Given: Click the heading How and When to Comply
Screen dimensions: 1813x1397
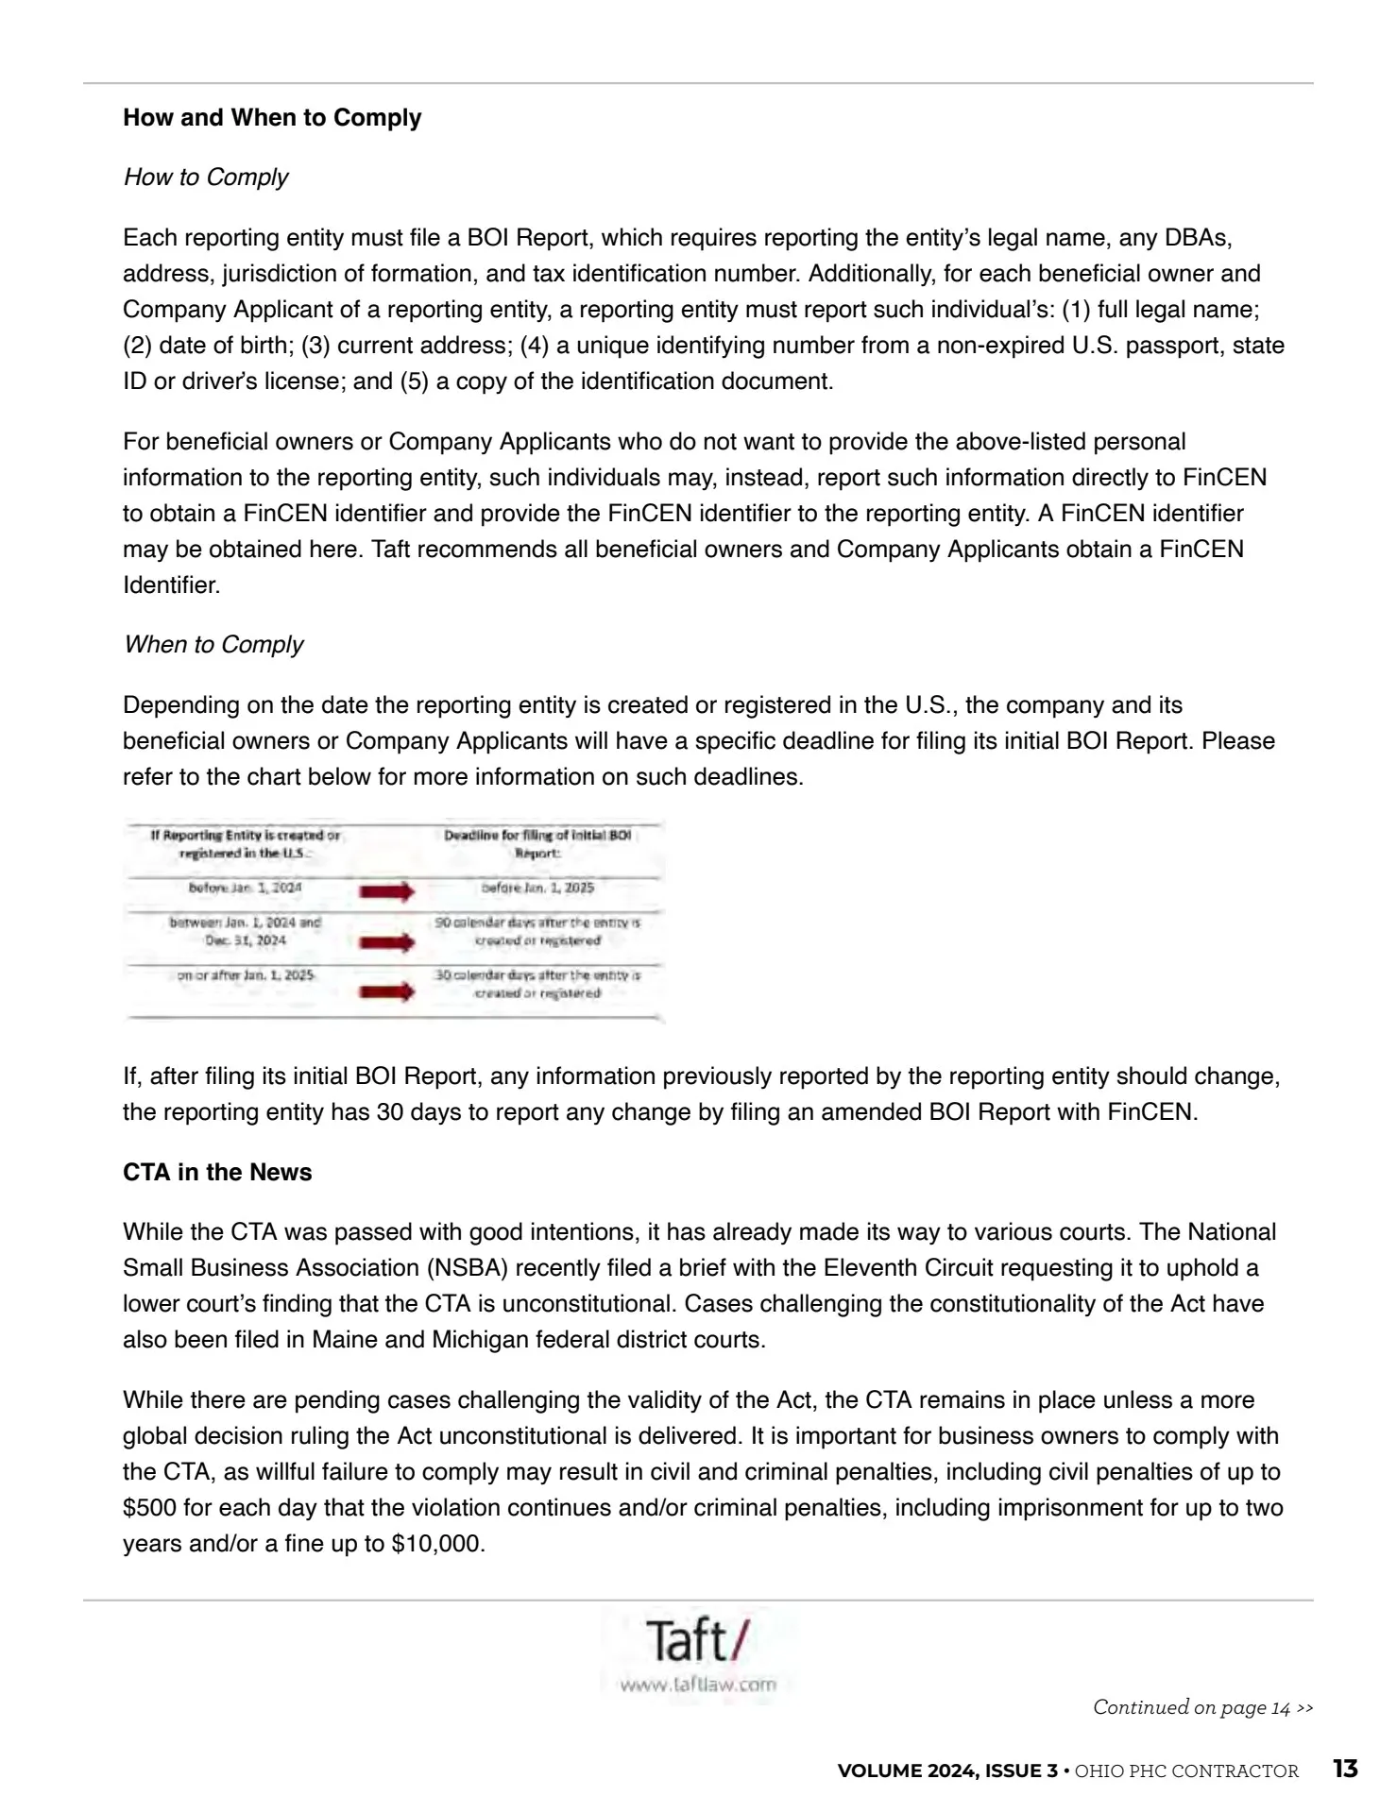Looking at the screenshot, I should pyautogui.click(x=272, y=118).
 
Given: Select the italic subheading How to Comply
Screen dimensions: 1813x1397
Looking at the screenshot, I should pyautogui.click(x=205, y=178).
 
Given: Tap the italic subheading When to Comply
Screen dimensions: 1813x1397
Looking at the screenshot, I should pyautogui.click(x=213, y=645).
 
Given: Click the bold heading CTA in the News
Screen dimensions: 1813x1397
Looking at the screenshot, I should pyautogui.click(x=217, y=1173).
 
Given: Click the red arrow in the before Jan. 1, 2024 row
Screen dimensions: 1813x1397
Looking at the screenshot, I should pyautogui.click(x=386, y=890).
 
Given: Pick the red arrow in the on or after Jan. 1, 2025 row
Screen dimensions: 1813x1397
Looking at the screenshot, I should pyautogui.click(x=386, y=991).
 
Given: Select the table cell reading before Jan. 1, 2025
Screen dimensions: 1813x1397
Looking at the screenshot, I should pyautogui.click(x=537, y=888).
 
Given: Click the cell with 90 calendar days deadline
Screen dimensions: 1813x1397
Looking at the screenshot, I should pyautogui.click(x=537, y=931).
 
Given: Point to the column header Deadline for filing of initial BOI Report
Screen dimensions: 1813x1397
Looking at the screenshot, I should pyautogui.click(x=537, y=843).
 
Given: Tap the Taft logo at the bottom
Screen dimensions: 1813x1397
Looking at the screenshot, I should pyautogui.click(x=697, y=1640).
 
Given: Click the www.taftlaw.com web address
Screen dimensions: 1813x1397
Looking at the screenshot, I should pyautogui.click(x=697, y=1684).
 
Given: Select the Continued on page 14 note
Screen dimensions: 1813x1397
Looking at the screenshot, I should pyautogui.click(x=1202, y=1707).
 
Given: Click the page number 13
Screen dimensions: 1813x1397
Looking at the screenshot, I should pyautogui.click(x=1345, y=1769).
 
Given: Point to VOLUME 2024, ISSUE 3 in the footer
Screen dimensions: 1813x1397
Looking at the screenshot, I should pyautogui.click(x=947, y=1771).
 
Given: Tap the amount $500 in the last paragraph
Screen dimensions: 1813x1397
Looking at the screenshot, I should pyautogui.click(x=149, y=1509).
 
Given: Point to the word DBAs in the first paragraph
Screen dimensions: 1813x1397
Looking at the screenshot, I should pyautogui.click(x=1198, y=238).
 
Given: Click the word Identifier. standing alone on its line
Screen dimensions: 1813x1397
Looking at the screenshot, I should pyautogui.click(x=171, y=585).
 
